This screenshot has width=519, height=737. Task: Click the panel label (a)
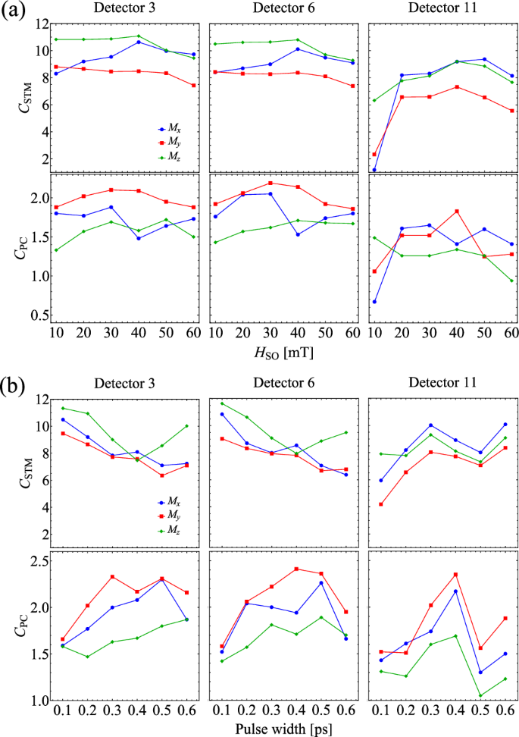[16, 12]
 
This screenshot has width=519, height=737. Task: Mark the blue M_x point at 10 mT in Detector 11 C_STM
[374, 170]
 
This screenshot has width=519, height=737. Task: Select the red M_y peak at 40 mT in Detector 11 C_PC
[457, 212]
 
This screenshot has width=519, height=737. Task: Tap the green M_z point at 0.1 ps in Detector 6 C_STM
[222, 403]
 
